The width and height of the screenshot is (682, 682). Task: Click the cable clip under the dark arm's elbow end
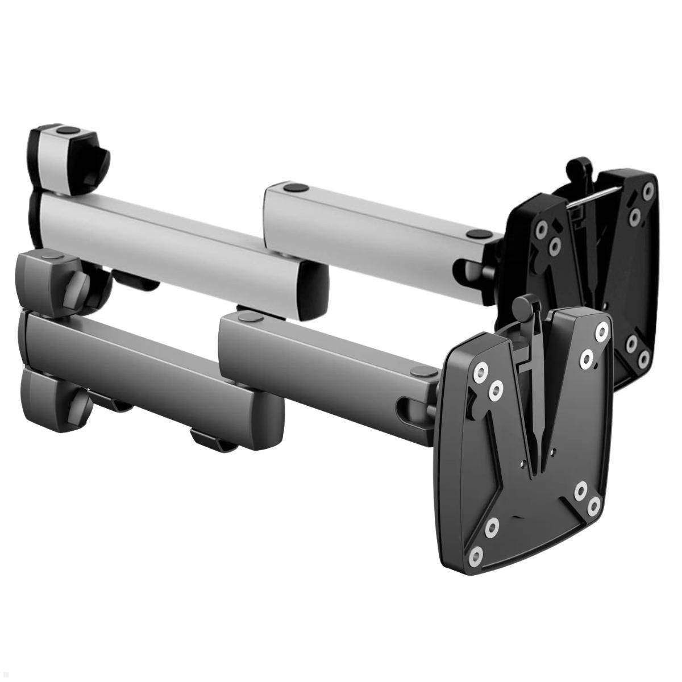point(213,440)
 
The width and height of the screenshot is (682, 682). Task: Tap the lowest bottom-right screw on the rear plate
point(643,359)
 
